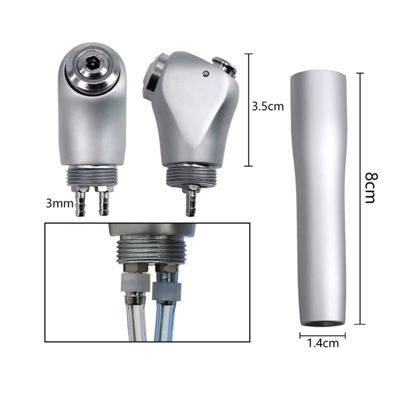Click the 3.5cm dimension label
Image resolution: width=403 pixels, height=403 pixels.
coord(267,106)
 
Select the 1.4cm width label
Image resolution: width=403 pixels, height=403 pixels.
coord(323,343)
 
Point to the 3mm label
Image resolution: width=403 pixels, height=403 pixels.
coord(59,204)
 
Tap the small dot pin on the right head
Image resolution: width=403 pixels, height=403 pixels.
coord(206,74)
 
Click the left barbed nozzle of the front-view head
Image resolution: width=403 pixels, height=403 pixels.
coord(80,201)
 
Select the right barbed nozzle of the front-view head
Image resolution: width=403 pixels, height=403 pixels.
coord(104,201)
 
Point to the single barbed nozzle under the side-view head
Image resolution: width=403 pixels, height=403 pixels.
coord(191,200)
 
